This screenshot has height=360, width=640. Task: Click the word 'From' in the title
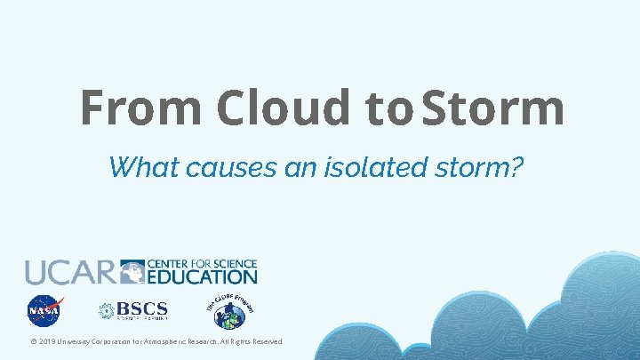point(142,108)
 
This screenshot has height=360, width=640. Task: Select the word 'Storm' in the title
point(493,108)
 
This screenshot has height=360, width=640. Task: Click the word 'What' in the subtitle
point(138,165)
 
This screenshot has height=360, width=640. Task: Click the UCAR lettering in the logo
point(70,272)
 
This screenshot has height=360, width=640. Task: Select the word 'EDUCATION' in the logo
point(202,276)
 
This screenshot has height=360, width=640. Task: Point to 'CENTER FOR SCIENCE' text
point(202,264)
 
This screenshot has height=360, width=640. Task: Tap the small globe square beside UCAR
point(132,271)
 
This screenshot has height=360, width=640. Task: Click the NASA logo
point(44,312)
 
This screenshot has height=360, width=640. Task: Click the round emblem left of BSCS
point(107,311)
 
